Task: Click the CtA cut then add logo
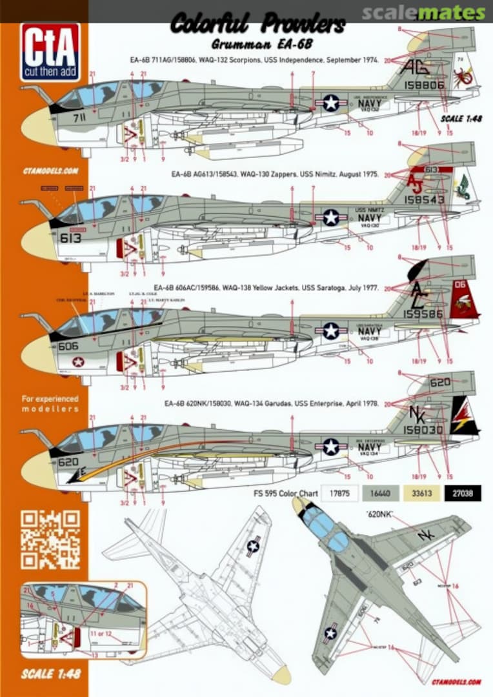(50, 52)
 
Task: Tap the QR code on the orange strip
(50, 540)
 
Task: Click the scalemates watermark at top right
(423, 12)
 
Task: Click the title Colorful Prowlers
(257, 26)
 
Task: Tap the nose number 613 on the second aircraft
(70, 237)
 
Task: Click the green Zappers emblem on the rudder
(462, 192)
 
